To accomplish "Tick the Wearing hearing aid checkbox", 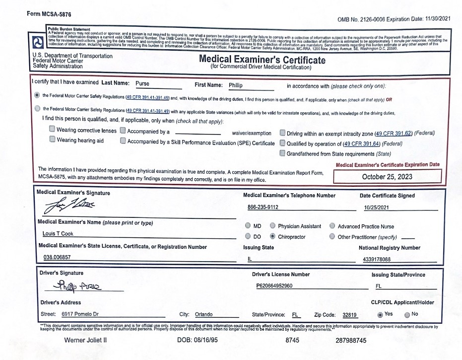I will [52, 140].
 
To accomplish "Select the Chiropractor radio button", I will [272, 237].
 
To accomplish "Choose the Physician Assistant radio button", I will [272, 226].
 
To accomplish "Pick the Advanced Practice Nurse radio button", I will [332, 226].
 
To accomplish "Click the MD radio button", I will [248, 226].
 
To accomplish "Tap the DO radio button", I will [248, 237].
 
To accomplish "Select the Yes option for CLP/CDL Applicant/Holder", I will [380, 314].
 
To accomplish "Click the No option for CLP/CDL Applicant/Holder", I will [407, 314].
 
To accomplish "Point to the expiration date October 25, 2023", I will [387, 177].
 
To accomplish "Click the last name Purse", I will [142, 84].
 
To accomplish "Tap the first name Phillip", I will [236, 85].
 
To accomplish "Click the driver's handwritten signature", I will [79, 285].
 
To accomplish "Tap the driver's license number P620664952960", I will [274, 286].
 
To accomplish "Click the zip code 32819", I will [350, 315].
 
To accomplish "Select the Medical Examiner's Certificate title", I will [262, 60].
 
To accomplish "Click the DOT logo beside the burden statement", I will [38, 41].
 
